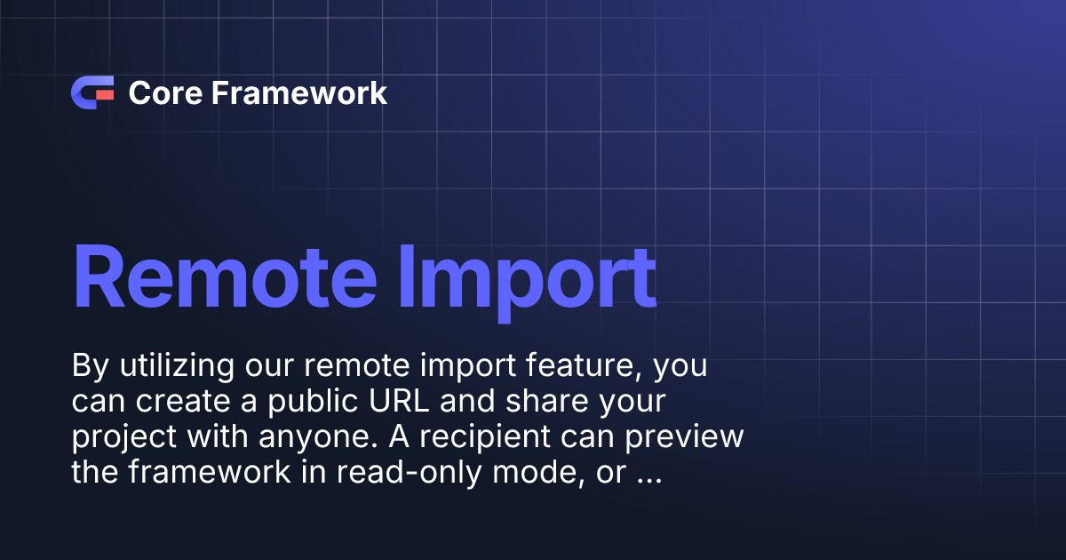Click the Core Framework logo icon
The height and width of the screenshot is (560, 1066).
[x=92, y=93]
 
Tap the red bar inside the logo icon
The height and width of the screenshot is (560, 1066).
[x=104, y=93]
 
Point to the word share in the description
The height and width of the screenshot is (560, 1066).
[x=549, y=402]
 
